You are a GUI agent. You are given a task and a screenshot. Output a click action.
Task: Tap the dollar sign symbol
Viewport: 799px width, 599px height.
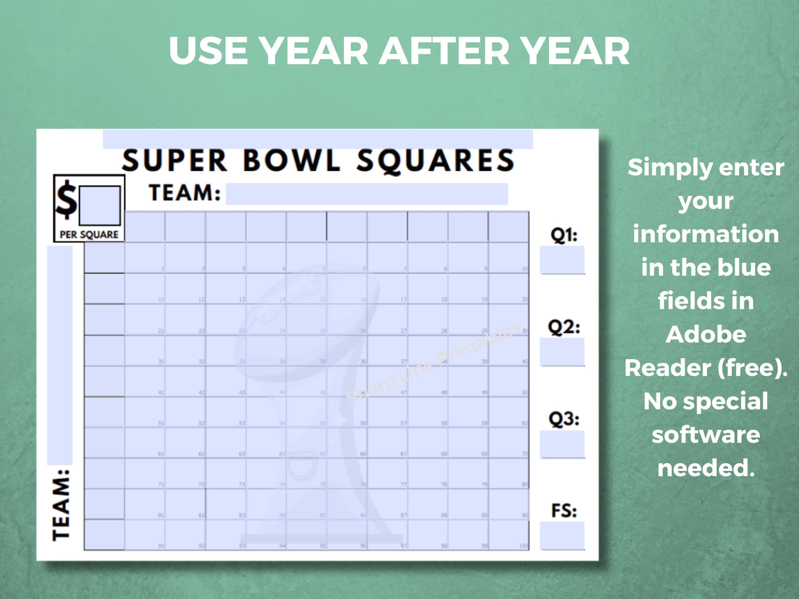(x=66, y=199)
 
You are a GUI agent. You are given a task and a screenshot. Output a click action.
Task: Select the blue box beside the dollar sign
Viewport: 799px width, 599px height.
(x=100, y=206)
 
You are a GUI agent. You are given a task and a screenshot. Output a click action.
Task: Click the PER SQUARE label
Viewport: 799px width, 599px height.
(x=89, y=235)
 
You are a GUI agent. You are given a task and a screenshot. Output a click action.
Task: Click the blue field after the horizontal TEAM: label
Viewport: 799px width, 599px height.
(x=367, y=194)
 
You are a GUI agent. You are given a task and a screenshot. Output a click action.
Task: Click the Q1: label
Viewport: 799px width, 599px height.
(x=563, y=235)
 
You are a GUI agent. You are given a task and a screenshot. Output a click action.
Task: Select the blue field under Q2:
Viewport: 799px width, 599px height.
(x=562, y=352)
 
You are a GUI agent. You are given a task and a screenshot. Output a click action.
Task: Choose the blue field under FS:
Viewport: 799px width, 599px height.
(x=562, y=536)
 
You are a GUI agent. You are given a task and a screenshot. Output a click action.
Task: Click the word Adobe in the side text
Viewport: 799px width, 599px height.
(x=705, y=334)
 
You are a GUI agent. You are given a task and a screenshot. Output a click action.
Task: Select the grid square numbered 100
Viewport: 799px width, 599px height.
(x=509, y=535)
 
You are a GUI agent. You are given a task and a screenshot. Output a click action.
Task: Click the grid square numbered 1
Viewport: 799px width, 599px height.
(x=145, y=258)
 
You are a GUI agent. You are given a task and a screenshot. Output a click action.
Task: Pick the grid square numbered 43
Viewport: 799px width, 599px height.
(x=226, y=381)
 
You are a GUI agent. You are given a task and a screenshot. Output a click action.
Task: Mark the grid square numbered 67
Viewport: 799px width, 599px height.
(x=387, y=443)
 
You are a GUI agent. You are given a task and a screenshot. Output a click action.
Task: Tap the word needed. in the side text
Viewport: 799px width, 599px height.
(x=706, y=468)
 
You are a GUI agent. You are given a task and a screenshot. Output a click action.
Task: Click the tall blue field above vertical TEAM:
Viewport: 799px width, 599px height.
(x=59, y=355)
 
